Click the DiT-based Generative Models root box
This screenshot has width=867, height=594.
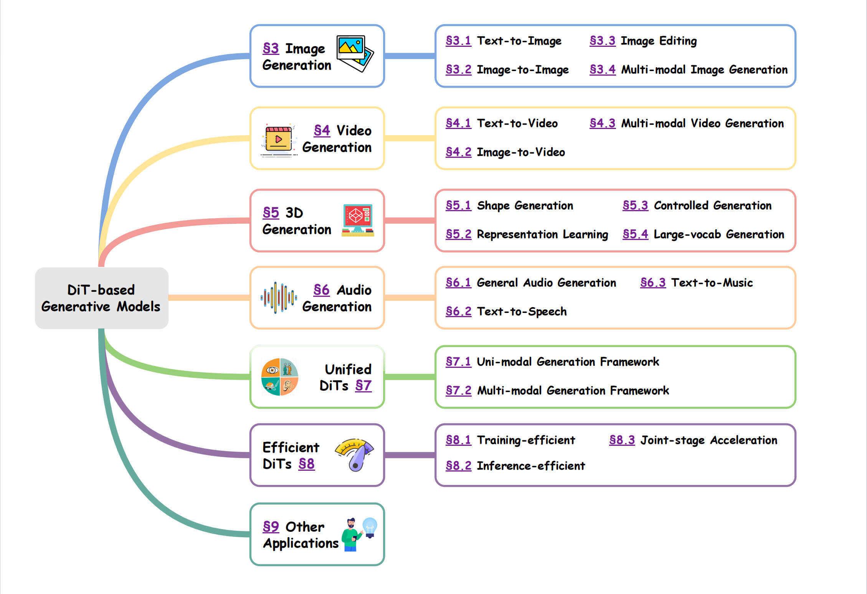point(101,298)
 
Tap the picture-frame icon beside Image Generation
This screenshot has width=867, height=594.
point(355,53)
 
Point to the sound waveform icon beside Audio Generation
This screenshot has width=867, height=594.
point(279,298)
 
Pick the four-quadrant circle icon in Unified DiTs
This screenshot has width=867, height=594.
point(280,377)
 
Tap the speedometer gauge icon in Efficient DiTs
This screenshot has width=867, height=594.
point(355,454)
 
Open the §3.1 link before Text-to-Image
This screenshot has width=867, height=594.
point(458,41)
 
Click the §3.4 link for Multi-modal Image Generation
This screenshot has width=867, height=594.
point(602,69)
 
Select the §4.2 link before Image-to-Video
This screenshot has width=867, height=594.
point(458,152)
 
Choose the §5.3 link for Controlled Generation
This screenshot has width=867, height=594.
point(635,205)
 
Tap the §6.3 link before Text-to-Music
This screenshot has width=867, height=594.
point(653,283)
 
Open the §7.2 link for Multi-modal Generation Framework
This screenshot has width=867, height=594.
point(458,390)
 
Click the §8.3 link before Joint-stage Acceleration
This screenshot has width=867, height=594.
point(622,440)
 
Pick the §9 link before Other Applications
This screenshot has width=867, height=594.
point(271,526)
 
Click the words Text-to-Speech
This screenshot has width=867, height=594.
point(522,311)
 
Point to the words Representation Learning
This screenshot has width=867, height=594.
point(542,234)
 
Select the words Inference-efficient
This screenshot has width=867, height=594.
point(531,466)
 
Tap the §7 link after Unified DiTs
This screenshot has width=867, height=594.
point(363,385)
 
